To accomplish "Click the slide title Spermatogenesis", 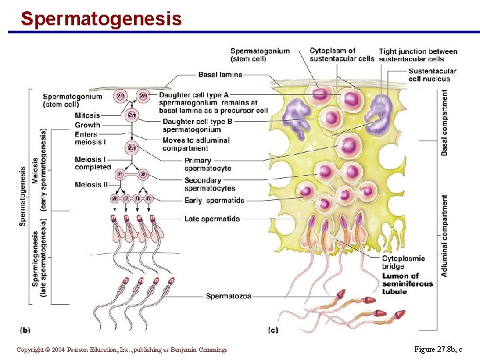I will point(101,18).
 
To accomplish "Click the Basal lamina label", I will point(220,75).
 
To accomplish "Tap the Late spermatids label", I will point(212,219).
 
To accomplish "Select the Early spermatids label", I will point(215,201).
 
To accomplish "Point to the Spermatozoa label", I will point(229,296).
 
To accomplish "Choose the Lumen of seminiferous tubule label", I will point(407,283).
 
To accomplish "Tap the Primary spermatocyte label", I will point(208,165).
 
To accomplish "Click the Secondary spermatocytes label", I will point(209,184).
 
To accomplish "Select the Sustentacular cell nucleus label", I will point(432,75).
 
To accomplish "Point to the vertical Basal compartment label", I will point(445,123).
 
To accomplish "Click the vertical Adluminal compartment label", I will point(445,236).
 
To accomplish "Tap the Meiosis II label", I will point(92,185).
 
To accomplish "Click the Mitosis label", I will point(88,115).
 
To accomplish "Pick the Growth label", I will point(88,125).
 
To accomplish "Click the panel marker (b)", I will point(25,329).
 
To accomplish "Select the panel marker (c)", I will point(273,329).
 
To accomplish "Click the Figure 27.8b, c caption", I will point(438,349).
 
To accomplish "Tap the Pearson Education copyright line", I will point(122,349).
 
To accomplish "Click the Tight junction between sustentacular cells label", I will point(418,55).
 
